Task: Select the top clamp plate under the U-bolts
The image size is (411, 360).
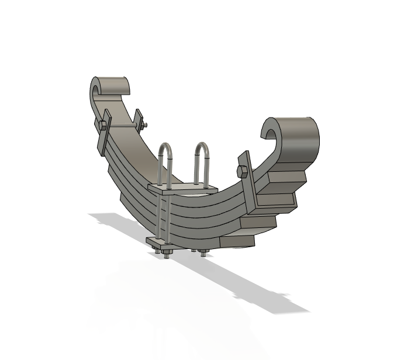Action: pos(182,189)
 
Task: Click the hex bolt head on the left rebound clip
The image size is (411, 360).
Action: pos(104,125)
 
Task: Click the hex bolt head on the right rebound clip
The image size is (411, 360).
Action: pos(241,171)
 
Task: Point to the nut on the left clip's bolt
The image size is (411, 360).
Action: pos(144,124)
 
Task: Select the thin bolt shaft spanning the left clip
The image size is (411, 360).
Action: pos(123,124)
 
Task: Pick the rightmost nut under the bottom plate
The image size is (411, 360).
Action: pos(203,252)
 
